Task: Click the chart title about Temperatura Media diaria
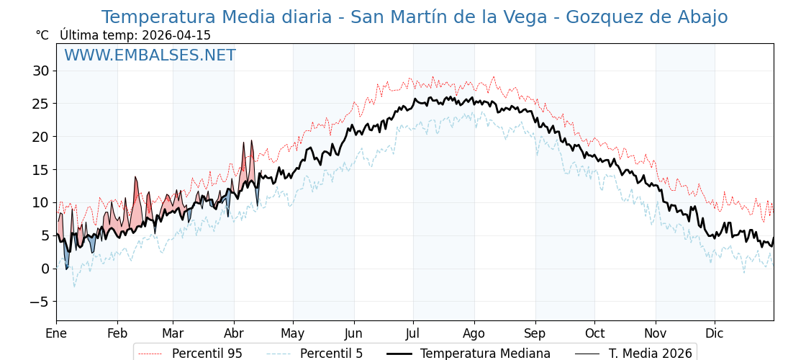(414, 17)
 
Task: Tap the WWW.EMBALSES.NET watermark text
(150, 55)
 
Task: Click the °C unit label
(42, 35)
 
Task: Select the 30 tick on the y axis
(40, 71)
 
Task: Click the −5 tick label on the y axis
(39, 302)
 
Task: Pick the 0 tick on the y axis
(45, 269)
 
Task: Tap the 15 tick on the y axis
(40, 170)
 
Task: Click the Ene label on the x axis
(56, 333)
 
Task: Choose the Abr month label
(234, 333)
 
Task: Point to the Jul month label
(413, 333)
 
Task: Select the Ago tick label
(474, 333)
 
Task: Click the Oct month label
(594, 333)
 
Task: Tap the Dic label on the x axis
(715, 333)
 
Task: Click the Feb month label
(117, 333)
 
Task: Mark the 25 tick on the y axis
(40, 104)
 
